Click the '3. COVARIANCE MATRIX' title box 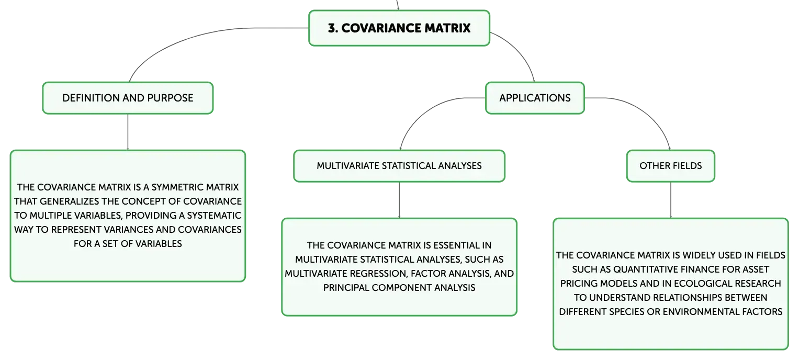click(399, 28)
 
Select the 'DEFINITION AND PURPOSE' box click(128, 98)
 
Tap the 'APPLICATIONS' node click(535, 98)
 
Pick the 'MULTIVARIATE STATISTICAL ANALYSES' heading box click(399, 166)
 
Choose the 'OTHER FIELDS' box click(671, 166)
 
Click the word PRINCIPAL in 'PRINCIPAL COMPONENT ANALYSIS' click(346, 288)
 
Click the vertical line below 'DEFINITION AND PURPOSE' click(128, 132)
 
